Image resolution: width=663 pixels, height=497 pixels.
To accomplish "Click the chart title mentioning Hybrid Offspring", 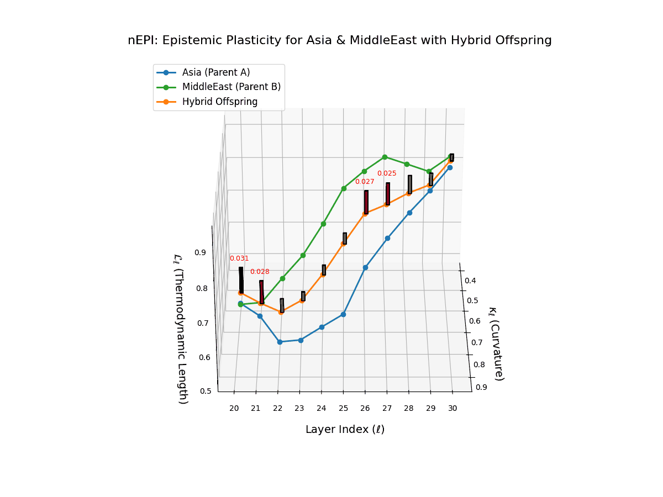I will tap(339, 40).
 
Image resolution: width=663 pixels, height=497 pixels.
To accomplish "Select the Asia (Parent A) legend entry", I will tap(215, 72).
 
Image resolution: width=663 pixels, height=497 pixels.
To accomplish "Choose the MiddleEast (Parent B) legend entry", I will tap(231, 87).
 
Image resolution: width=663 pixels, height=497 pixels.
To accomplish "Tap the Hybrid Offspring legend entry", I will tap(219, 102).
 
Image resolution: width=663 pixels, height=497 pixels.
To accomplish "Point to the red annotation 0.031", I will tap(239, 258).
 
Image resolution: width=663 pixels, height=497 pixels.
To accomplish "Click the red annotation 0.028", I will tap(260, 272).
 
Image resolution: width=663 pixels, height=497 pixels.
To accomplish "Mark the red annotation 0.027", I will tap(365, 182).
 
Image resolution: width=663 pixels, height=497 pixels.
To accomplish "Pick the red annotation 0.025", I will tap(387, 173).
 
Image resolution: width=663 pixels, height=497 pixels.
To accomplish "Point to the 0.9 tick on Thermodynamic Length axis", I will tap(200, 252).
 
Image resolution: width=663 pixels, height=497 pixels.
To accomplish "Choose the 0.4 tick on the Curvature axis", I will tap(470, 281).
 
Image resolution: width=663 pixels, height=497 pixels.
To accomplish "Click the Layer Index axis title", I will tap(345, 430).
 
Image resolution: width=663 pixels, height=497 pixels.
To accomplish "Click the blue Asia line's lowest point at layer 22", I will tap(280, 342).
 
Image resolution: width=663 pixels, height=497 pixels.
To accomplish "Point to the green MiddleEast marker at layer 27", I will tap(385, 157).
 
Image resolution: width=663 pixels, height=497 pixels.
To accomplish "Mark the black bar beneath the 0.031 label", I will tap(241, 280).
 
